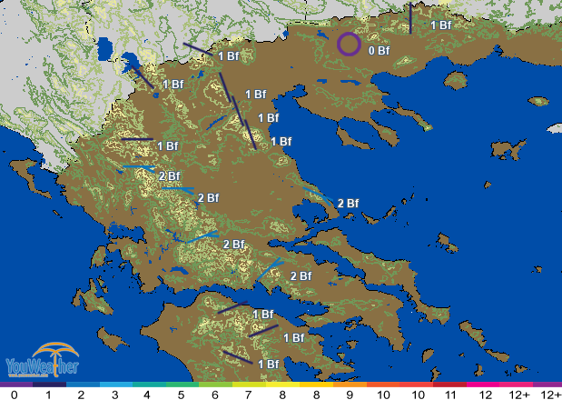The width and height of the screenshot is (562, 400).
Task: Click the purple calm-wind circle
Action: pyautogui.click(x=349, y=43)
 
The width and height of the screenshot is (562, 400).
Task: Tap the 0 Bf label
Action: pyautogui.click(x=379, y=51)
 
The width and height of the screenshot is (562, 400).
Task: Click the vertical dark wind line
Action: pyautogui.click(x=410, y=19)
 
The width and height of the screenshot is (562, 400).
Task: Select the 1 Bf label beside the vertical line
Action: pyautogui.click(x=440, y=25)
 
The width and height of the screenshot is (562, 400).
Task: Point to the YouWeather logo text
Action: pyautogui.click(x=42, y=367)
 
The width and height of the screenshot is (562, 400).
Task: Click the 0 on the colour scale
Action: pyautogui.click(x=14, y=395)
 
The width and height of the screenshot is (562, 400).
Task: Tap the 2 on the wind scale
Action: pyautogui.click(x=81, y=395)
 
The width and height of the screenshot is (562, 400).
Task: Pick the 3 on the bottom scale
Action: pyautogui.click(x=114, y=395)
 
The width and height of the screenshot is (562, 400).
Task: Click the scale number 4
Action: pyautogui.click(x=147, y=395)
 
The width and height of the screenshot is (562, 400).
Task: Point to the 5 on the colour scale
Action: pyautogui.click(x=181, y=395)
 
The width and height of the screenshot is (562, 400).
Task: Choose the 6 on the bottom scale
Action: pyautogui.click(x=214, y=395)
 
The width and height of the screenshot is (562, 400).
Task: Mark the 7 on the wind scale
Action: pyautogui.click(x=248, y=395)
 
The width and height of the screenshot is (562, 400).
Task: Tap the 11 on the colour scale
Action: pyautogui.click(x=451, y=395)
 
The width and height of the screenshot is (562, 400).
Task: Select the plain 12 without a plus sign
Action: pyautogui.click(x=485, y=395)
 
